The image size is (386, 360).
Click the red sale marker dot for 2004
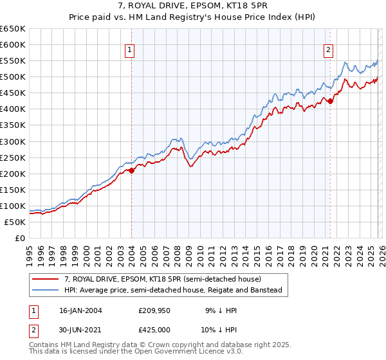point(131,170)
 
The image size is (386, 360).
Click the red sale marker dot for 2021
point(330,101)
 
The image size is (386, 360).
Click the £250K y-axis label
point(13,157)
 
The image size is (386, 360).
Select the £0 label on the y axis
point(19,238)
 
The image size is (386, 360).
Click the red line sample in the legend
point(46,280)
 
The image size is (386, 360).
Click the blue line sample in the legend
point(46,291)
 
